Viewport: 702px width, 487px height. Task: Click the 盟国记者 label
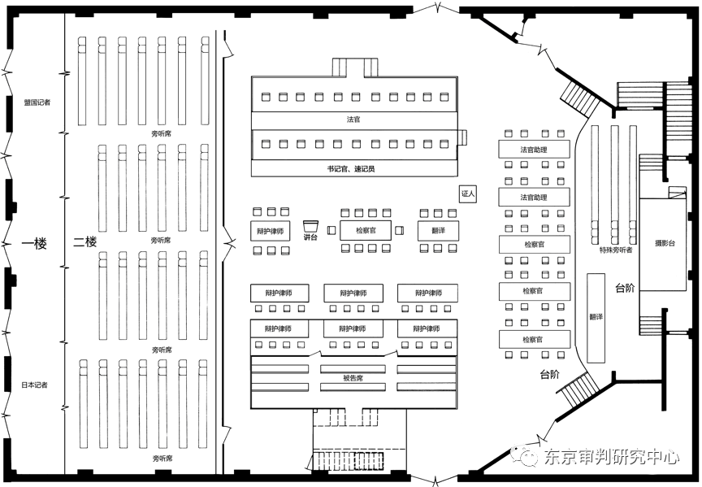coord(37,102)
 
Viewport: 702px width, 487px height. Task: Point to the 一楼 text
coord(34,242)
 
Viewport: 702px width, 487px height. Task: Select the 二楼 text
coord(84,241)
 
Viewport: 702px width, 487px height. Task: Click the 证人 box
coord(467,194)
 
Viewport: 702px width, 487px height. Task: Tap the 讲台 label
coord(310,237)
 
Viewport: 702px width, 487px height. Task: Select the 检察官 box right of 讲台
coord(364,230)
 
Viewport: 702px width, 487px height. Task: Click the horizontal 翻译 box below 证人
coord(438,230)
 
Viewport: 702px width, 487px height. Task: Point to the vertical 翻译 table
coord(596,317)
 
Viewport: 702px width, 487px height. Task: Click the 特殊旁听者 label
coord(616,250)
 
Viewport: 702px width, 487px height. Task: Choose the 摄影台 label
coord(665,243)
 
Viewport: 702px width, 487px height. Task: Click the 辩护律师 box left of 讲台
coord(269,231)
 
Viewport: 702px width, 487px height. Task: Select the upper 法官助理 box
coord(534,150)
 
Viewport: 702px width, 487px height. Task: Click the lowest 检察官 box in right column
coord(533,339)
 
